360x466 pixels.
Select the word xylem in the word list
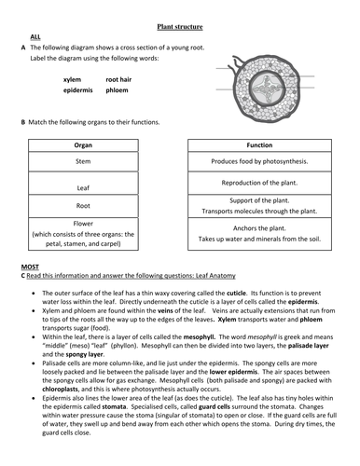[73, 81]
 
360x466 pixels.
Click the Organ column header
[83, 146]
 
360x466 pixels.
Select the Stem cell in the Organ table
[83, 161]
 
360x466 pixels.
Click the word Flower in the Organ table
[83, 224]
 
